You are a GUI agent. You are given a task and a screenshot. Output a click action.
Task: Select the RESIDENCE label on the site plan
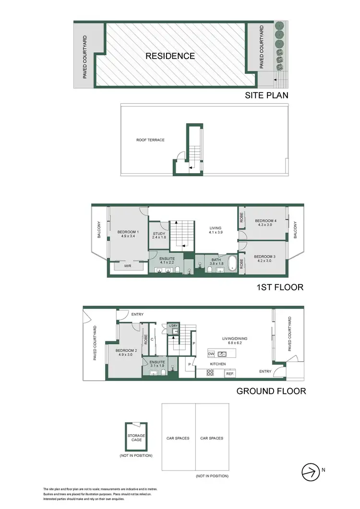170,56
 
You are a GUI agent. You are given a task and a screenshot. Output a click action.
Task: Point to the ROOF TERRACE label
150,140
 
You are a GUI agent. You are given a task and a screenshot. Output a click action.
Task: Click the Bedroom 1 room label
127,234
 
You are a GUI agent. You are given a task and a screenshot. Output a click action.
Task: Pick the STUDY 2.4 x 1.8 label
159,236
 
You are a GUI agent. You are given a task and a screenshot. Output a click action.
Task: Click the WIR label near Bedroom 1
128,265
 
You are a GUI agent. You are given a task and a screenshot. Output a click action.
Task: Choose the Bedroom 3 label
264,259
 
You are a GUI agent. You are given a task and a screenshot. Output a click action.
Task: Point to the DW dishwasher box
211,354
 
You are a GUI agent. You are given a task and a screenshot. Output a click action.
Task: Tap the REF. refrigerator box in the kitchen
230,373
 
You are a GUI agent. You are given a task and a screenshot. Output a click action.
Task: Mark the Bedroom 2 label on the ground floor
126,353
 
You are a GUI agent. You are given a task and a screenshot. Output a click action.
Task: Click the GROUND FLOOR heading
271,391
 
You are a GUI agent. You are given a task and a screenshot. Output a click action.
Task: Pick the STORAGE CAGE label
136,438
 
